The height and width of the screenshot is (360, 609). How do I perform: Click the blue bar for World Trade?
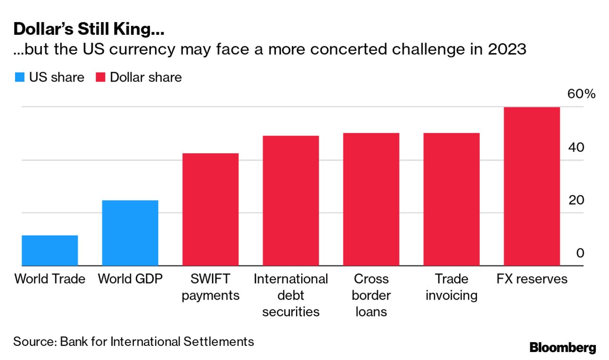coord(50,250)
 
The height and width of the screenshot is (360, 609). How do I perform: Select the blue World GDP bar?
coord(130,233)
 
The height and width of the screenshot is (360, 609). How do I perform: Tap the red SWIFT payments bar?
coord(210,209)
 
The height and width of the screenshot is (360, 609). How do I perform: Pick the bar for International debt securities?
coord(291,201)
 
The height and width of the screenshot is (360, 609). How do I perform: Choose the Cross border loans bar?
coord(371,199)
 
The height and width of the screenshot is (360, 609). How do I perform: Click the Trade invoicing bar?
coord(451,199)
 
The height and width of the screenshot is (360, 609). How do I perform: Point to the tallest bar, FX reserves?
coord(532,187)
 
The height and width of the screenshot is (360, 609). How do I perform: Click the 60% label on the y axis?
coord(581,94)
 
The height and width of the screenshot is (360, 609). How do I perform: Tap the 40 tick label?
coord(576,147)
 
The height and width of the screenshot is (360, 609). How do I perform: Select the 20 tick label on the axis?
coord(576,200)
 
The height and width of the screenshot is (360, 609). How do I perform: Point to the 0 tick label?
coord(580,254)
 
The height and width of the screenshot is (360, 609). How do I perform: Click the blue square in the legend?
coord(19,77)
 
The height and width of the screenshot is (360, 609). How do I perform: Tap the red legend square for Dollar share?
coord(100,77)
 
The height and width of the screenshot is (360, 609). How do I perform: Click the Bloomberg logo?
coord(563,348)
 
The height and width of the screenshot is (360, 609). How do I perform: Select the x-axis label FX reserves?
coord(532,279)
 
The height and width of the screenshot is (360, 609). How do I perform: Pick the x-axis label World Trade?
coord(50,279)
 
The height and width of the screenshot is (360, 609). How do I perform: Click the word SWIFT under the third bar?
coord(210,279)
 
